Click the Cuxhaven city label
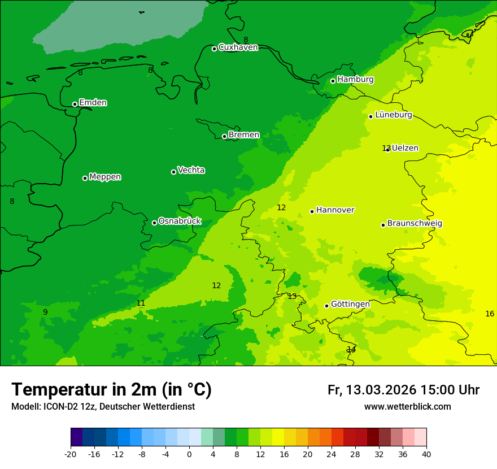coord(238,47)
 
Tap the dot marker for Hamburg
coord(333,81)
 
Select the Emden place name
coord(93,103)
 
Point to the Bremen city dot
coord(224,136)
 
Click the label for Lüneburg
coord(393,115)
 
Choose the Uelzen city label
coord(405,148)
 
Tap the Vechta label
coord(191,170)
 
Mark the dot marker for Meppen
coord(85,178)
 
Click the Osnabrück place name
coord(180,222)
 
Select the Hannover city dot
coord(312,211)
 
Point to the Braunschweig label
coord(415,224)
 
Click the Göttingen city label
coord(350,305)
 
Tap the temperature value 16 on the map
coord(490,314)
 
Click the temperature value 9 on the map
coord(45,312)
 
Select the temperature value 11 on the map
coord(141,303)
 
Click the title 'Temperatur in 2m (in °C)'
coord(111,389)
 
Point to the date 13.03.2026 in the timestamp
coord(381,390)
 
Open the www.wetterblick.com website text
coord(407,407)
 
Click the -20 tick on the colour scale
coord(71,454)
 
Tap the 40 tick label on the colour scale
coord(426,454)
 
